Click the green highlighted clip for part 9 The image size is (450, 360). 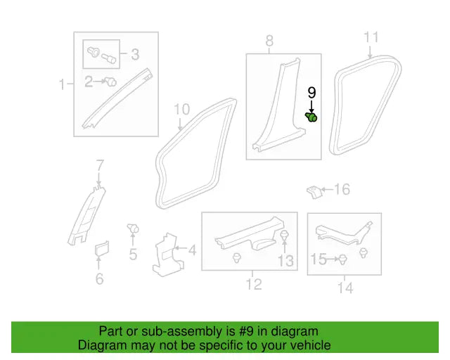tap(311, 116)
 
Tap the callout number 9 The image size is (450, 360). tap(311, 92)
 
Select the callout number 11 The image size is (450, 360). tap(371, 37)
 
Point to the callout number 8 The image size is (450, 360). tap(269, 41)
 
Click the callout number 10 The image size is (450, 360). tap(181, 109)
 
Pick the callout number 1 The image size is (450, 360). tap(63, 85)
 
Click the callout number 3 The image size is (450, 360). tap(134, 53)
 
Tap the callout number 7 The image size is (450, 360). tap(100, 166)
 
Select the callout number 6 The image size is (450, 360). tap(99, 279)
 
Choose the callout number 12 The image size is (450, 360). tap(253, 283)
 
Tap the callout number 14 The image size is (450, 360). tap(345, 287)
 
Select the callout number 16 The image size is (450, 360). tap(342, 189)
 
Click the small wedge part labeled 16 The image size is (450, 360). tap(314, 191)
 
